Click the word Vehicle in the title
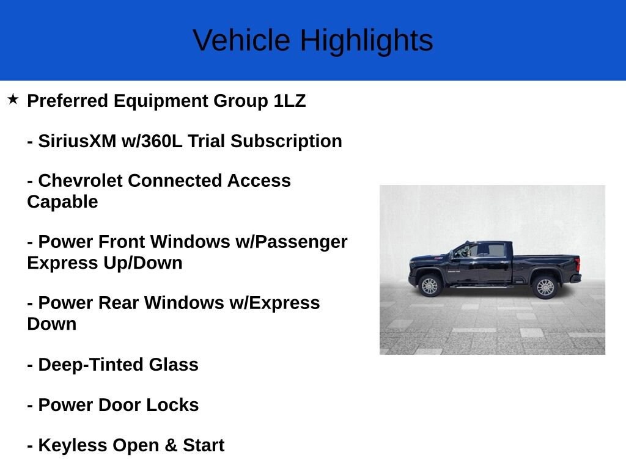[x=241, y=40]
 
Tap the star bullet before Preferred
[x=13, y=100]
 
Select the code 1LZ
[x=289, y=101]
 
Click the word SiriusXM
[x=77, y=141]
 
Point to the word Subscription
[x=286, y=142]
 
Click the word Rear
[x=118, y=303]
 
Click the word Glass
[x=174, y=365]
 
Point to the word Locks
[x=172, y=405]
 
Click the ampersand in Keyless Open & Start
[x=171, y=445]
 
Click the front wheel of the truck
[x=430, y=286]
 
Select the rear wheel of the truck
[x=545, y=287]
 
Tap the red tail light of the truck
[x=577, y=264]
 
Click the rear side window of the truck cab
[x=496, y=250]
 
